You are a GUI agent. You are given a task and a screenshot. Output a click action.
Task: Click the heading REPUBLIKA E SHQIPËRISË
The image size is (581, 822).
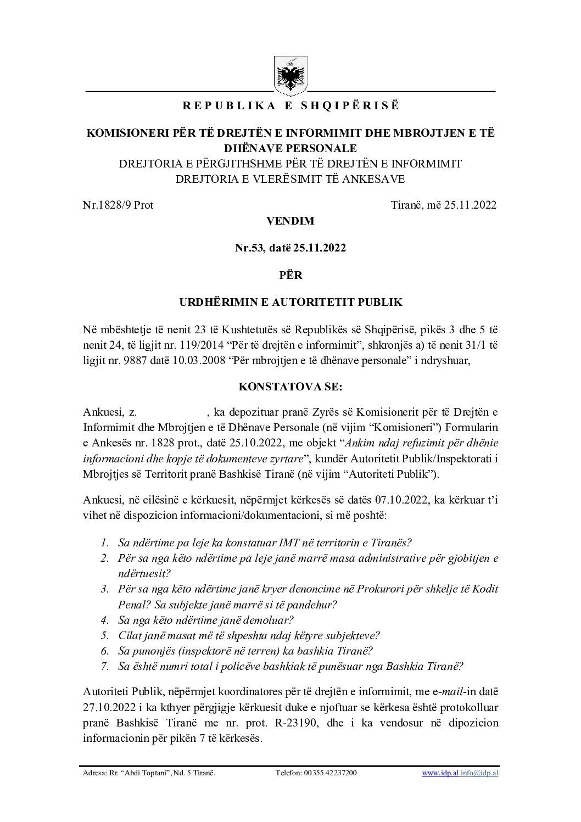coord(290,106)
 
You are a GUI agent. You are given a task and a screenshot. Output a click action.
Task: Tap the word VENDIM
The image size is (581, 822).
coord(290,221)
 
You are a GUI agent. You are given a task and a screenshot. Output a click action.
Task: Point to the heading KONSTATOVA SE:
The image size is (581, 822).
coord(290,387)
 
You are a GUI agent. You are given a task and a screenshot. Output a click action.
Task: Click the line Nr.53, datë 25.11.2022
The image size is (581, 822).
coord(290,248)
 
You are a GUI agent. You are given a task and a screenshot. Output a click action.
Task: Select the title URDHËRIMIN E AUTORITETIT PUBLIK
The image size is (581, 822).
coord(290,302)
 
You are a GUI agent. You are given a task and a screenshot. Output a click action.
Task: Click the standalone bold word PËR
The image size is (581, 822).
coord(290,275)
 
